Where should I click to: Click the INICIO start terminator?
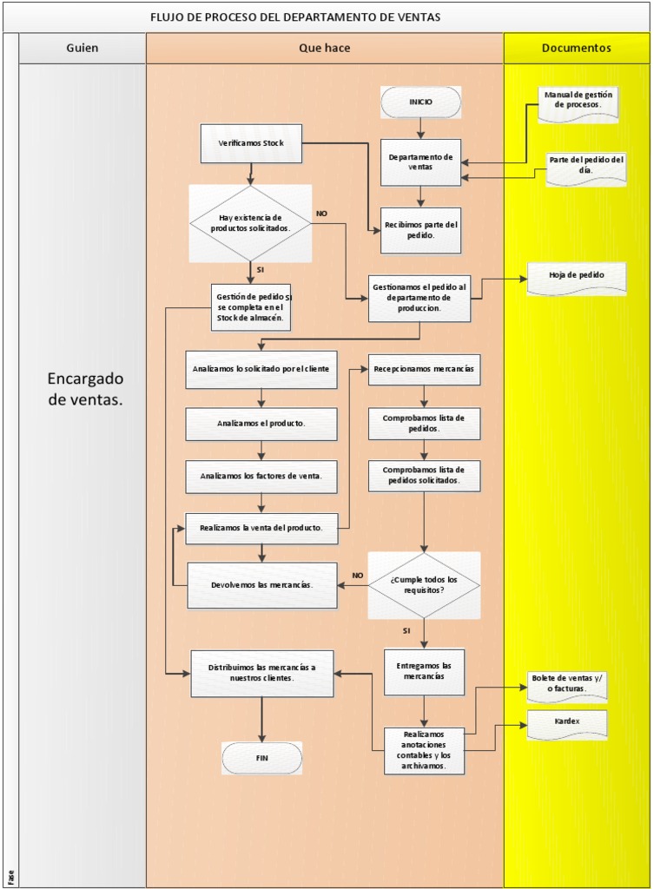420,102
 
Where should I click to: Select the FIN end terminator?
261,758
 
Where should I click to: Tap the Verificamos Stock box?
251,143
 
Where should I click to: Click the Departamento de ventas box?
420,162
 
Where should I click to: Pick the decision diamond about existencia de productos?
250,222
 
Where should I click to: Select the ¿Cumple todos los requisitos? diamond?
423,585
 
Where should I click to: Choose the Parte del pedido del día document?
586,167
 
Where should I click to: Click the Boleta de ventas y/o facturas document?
567,685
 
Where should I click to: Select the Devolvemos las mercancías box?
261,585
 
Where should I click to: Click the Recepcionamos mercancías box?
424,369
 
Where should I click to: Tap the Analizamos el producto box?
261,424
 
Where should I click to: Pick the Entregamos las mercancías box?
424,672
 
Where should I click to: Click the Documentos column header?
576,49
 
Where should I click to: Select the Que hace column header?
324,49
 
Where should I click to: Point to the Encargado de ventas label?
85,389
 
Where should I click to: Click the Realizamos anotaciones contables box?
424,750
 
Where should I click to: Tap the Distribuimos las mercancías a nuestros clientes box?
261,673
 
